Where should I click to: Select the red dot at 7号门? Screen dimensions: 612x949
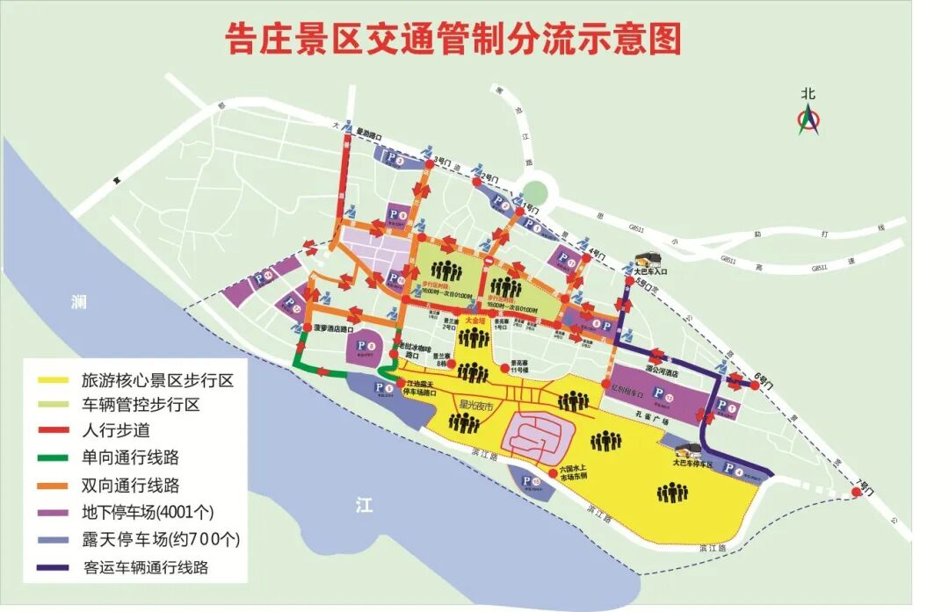click(x=857, y=494)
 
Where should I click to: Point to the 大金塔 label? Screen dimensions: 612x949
click(x=475, y=320)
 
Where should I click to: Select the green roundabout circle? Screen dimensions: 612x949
click(x=533, y=191)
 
